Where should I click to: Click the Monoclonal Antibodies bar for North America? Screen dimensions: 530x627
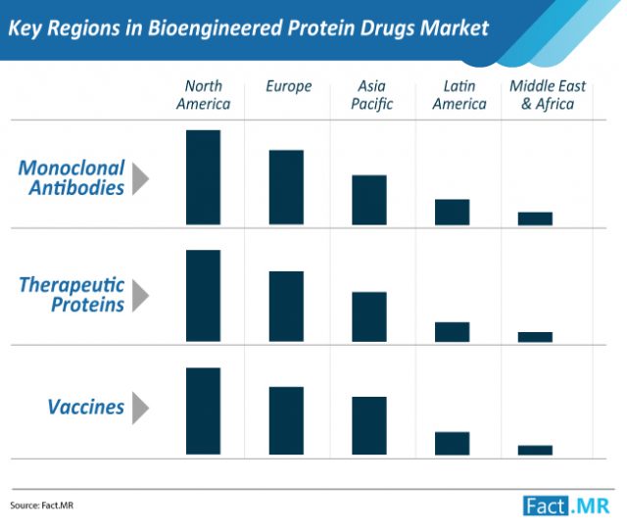click(x=203, y=177)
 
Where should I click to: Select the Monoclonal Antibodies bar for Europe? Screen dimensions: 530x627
click(x=286, y=188)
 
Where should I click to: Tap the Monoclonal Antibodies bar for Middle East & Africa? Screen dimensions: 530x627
click(x=535, y=218)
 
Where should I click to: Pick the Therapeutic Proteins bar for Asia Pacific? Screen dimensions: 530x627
click(x=369, y=316)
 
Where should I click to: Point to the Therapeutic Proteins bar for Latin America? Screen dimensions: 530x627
click(x=453, y=331)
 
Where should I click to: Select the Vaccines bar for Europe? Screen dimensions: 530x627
click(x=286, y=420)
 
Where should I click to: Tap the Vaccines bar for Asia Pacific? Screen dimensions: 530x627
click(x=369, y=425)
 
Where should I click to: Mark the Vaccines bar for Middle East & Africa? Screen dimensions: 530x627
click(x=535, y=450)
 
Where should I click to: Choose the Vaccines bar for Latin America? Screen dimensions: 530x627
click(x=453, y=443)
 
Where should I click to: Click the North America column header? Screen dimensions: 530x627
click(x=203, y=95)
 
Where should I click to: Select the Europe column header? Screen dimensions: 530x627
click(x=288, y=86)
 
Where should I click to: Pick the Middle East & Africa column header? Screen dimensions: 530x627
click(x=547, y=95)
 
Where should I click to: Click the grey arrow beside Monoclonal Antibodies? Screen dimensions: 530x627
click(x=141, y=177)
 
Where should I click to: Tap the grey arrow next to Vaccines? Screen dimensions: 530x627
click(x=141, y=407)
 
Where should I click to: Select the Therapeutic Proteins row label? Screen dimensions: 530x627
click(x=72, y=294)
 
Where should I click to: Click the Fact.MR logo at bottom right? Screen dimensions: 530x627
click(x=567, y=505)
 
